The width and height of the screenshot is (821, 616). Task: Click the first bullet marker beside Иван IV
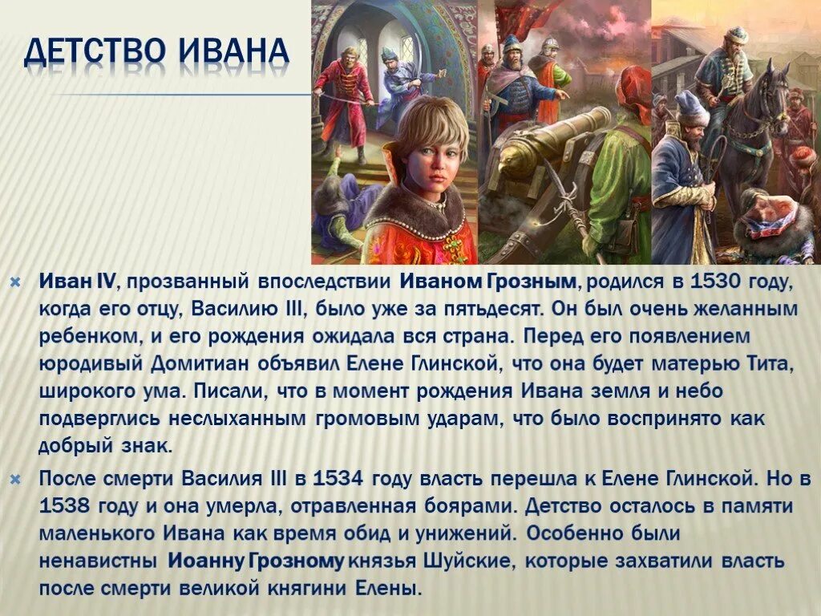click(14, 282)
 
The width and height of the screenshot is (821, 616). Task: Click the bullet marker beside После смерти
click(14, 480)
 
